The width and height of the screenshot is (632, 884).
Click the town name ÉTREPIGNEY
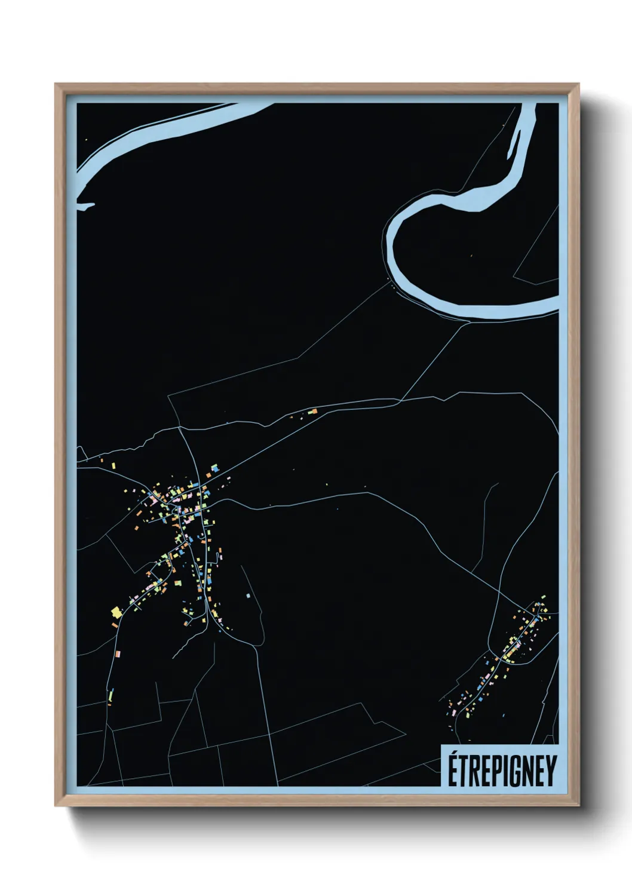(502, 771)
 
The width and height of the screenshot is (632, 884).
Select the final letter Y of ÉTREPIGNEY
(551, 771)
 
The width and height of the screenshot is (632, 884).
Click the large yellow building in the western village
(116, 611)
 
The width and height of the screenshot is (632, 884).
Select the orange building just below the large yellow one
(115, 625)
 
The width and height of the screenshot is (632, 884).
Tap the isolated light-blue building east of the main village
(248, 596)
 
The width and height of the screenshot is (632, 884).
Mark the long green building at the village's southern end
(111, 696)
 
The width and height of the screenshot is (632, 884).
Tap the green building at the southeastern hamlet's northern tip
(543, 597)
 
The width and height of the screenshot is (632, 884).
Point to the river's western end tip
(80, 207)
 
